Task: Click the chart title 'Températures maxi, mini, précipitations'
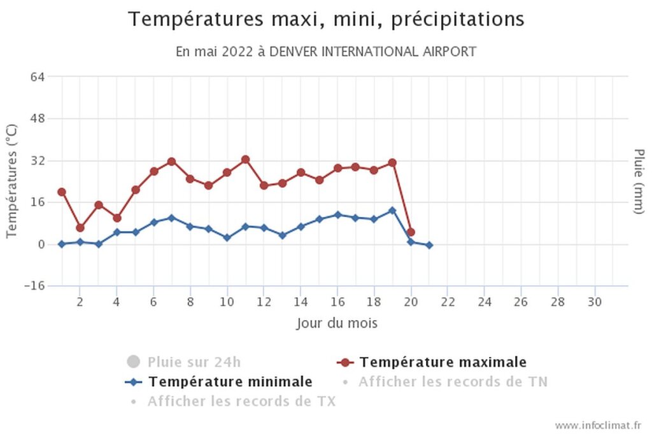tap(326, 20)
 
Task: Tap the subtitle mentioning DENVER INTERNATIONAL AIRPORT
tap(326, 52)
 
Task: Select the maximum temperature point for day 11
tap(245, 160)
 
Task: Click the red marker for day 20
tap(411, 232)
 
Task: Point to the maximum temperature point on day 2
tap(80, 228)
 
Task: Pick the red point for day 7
tap(171, 162)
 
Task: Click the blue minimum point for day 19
tap(392, 211)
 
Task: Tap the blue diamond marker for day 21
tap(429, 245)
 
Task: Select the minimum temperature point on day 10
tap(227, 237)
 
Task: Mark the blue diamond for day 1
tap(62, 244)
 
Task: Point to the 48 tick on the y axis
tap(37, 118)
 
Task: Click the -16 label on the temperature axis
tap(34, 286)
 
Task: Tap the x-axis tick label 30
tap(594, 301)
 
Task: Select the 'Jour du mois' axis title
tap(337, 323)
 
